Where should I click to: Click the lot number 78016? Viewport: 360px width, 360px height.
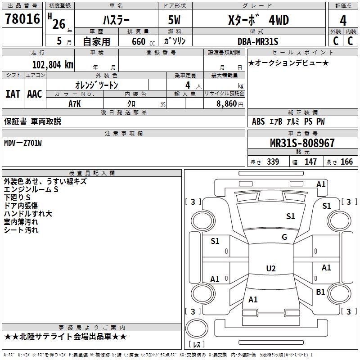[x=22, y=19]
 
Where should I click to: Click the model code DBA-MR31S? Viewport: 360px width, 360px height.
[x=258, y=42]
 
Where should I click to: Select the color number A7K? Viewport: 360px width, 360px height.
[x=75, y=103]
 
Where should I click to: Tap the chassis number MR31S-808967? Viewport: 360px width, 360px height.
[x=302, y=144]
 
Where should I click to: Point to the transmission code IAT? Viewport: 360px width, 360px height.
[x=13, y=94]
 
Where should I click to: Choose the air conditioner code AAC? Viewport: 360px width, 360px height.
[x=34, y=94]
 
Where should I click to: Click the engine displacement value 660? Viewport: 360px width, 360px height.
[x=139, y=42]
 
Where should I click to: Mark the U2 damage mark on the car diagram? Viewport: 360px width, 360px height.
[x=270, y=269]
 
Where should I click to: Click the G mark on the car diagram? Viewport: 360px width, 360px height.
[x=284, y=237]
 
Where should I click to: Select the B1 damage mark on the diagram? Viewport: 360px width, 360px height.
[x=320, y=292]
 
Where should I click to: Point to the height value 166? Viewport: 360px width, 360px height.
[x=346, y=162]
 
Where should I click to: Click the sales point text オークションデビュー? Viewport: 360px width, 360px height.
[x=288, y=63]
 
